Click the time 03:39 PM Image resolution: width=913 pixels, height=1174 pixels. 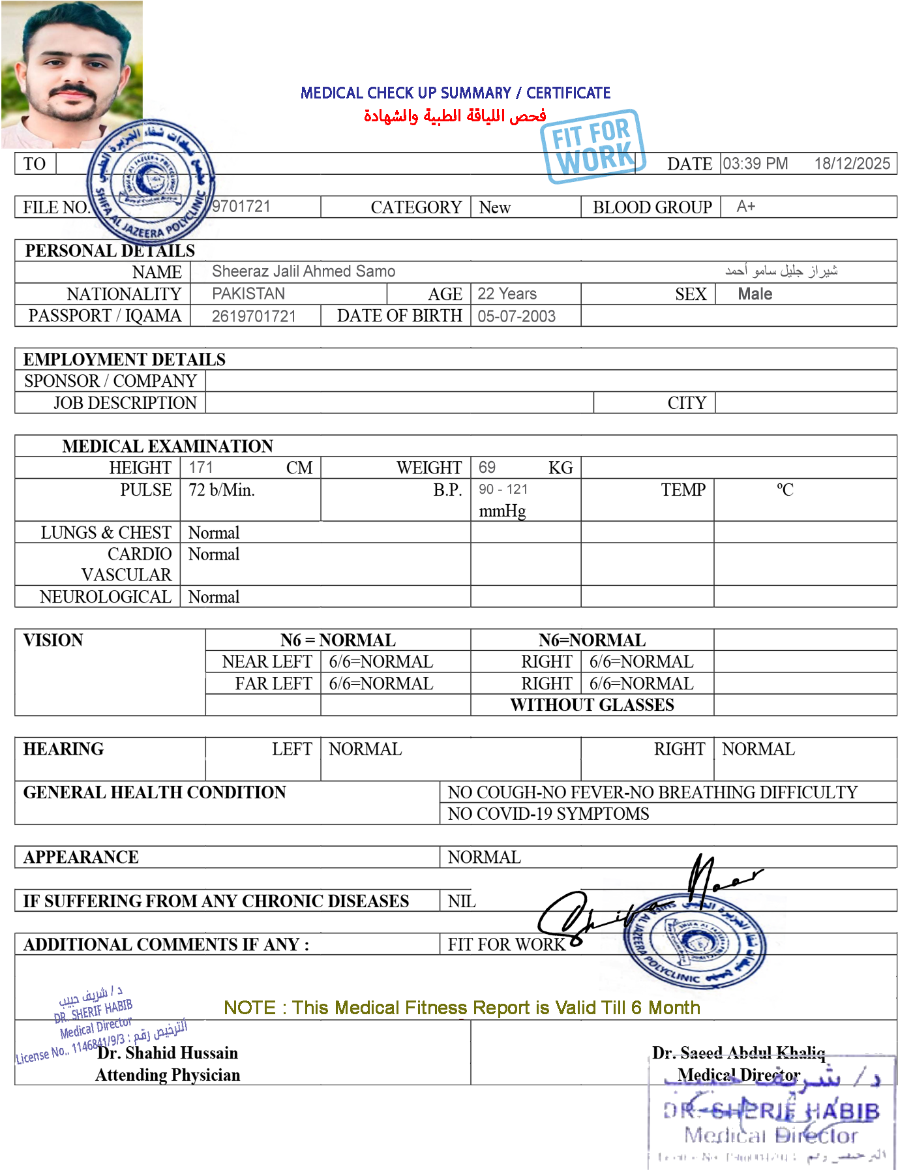(755, 164)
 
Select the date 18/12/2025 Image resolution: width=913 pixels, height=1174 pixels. (852, 164)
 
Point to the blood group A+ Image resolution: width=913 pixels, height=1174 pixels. (745, 207)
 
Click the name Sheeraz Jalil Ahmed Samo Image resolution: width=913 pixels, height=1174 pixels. (304, 271)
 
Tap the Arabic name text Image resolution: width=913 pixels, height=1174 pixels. (781, 270)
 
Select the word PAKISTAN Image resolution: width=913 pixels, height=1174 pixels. (248, 293)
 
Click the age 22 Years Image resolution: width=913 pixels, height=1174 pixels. (507, 293)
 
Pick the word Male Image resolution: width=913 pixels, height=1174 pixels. (755, 294)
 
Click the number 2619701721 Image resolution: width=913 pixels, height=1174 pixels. (254, 316)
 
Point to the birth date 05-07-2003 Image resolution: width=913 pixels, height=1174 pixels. (516, 316)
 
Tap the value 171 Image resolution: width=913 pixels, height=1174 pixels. (201, 467)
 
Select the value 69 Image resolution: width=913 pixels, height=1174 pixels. (486, 467)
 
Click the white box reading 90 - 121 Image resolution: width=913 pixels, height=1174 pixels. (509, 490)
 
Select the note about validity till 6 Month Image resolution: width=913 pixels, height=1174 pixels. (461, 1008)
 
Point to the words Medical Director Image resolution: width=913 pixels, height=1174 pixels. (739, 1074)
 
